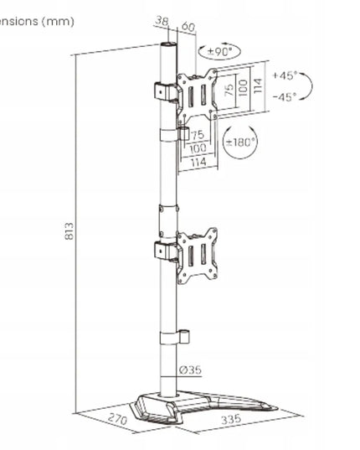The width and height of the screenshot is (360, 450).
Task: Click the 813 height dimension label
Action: point(69,230)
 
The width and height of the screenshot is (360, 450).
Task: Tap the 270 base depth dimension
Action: point(117,419)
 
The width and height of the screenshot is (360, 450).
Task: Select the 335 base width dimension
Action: point(231,419)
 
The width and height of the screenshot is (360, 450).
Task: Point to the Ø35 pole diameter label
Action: point(190,370)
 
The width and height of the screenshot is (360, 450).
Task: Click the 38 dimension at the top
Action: point(162,21)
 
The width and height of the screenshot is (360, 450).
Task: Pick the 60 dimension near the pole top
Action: point(188,27)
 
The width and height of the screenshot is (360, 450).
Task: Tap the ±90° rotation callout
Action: point(219,52)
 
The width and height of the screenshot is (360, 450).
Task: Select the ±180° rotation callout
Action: point(240,142)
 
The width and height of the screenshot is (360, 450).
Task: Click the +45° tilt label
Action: point(284,75)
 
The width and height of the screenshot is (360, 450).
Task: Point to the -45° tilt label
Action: point(284,96)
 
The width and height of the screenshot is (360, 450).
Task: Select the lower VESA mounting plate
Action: point(197,256)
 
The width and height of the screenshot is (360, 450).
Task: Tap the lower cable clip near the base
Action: point(175,338)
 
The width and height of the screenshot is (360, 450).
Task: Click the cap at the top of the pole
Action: point(168,45)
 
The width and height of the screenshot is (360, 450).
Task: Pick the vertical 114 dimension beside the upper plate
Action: point(258,85)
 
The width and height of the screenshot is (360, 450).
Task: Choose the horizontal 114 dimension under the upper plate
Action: point(198,162)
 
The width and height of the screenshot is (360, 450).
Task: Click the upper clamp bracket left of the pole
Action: point(166,92)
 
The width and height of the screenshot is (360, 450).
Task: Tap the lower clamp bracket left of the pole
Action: point(166,251)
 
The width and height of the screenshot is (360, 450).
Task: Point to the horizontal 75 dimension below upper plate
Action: point(198,135)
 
